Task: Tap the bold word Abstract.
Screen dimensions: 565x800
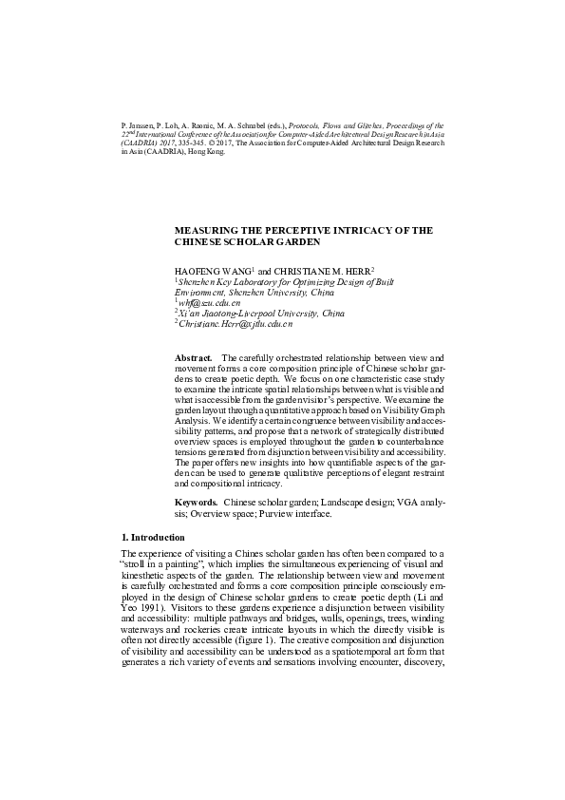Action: pyautogui.click(x=194, y=357)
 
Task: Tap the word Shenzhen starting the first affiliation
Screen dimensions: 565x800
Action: pyautogui.click(x=199, y=282)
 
